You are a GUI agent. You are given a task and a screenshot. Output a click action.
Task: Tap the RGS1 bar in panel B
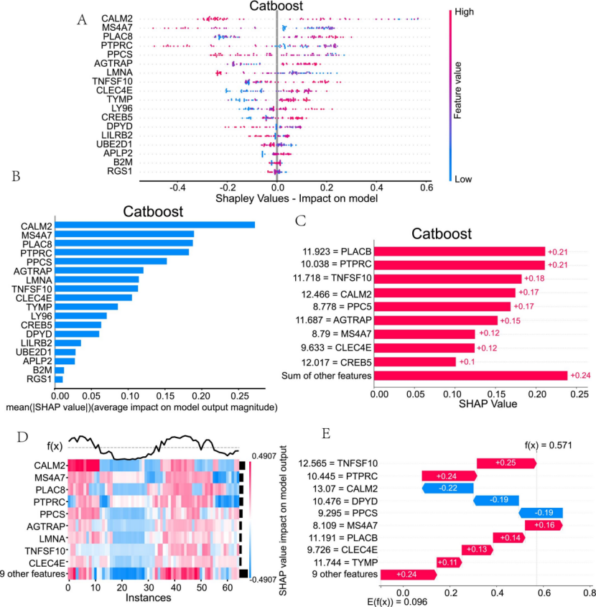[x=60, y=379]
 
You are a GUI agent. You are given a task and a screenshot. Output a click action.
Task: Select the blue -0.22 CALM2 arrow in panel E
[x=448, y=488]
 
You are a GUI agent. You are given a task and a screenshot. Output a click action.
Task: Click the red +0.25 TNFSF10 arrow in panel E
[x=506, y=463]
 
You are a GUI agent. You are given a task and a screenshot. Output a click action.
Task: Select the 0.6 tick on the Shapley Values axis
[x=426, y=187]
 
